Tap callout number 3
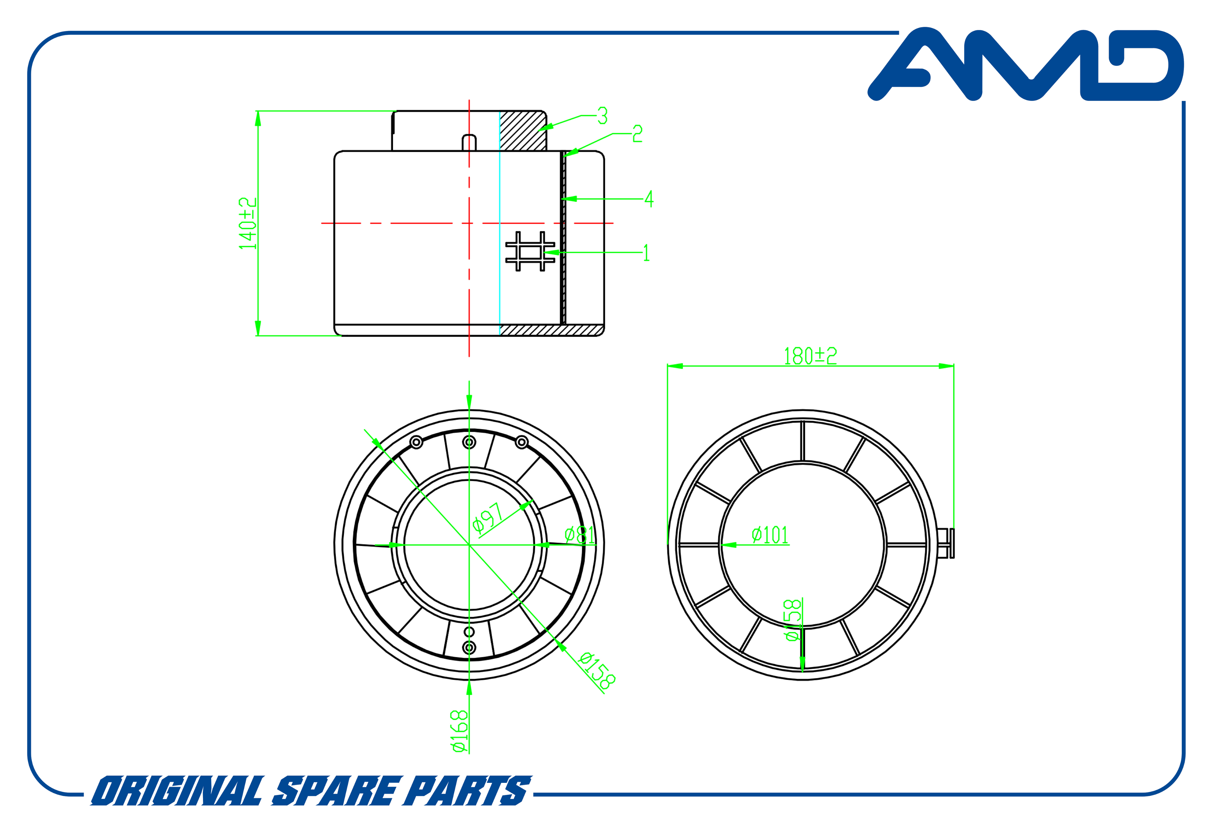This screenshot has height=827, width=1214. (x=602, y=116)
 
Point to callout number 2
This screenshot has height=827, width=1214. (x=637, y=134)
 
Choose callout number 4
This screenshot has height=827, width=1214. (x=649, y=199)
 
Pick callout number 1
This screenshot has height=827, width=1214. (x=646, y=253)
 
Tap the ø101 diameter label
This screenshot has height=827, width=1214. (x=770, y=535)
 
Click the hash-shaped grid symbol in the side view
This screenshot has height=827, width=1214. (x=530, y=251)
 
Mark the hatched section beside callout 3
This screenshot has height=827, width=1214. (x=522, y=131)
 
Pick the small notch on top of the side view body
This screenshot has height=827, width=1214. (x=469, y=143)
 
